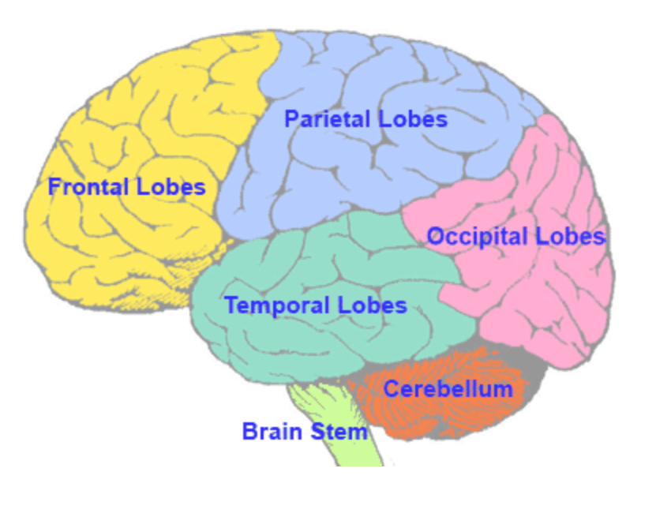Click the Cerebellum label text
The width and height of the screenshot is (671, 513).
tap(448, 388)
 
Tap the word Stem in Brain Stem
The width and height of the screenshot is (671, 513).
tap(341, 432)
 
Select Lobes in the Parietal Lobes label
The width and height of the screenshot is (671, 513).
tap(412, 119)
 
